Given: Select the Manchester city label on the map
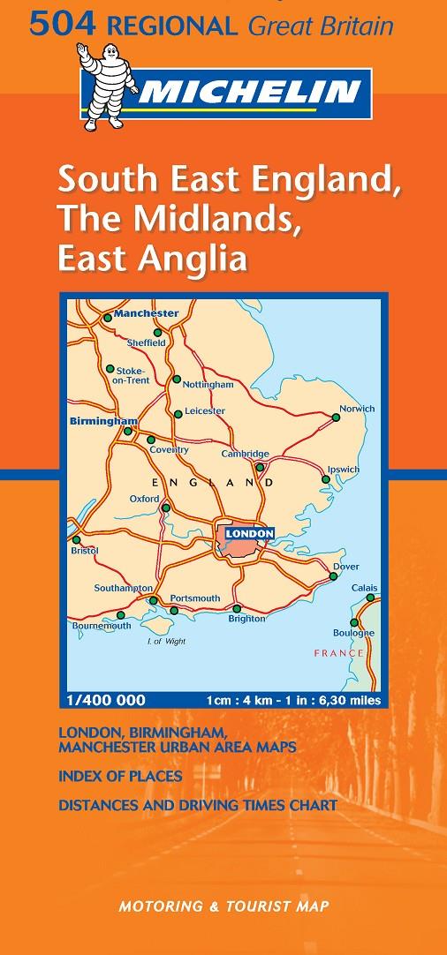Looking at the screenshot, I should point(146,313).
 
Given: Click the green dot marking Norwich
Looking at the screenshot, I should point(336,418).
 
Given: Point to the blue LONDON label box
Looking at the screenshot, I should point(249,533).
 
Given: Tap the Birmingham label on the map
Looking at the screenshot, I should point(103,422).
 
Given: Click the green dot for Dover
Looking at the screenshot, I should point(333,576).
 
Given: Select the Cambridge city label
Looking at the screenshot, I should point(246,454).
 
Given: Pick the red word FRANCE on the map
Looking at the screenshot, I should point(339,653).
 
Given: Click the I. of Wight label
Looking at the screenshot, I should point(166,642).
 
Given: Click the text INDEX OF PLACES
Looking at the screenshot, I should point(120,777).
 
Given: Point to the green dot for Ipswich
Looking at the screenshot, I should point(325,479).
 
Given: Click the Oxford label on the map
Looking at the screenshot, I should point(145,499).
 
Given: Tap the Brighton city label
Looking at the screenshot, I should point(246,619).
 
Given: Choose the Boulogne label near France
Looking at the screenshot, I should point(353,633).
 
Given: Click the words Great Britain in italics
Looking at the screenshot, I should point(321,27).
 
